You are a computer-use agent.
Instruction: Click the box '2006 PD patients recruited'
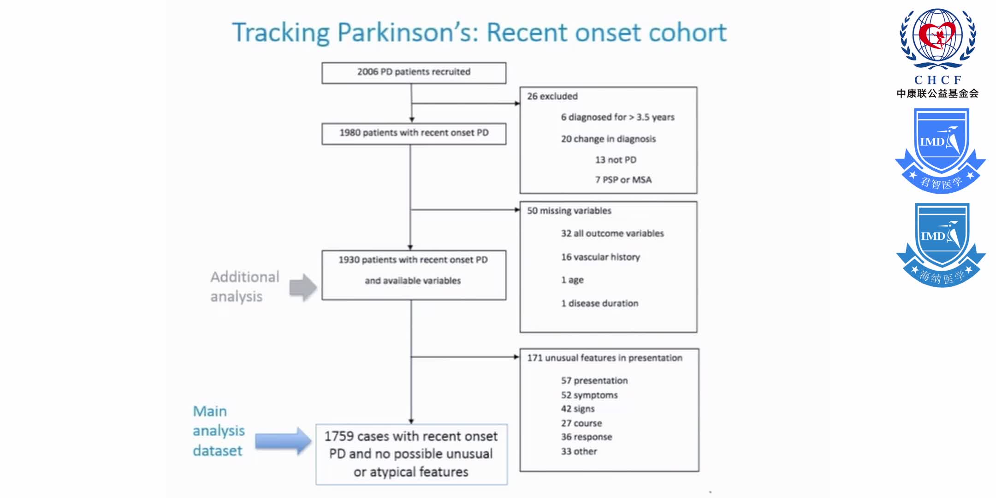pyautogui.click(x=414, y=72)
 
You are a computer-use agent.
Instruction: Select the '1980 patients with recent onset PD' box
pyautogui.click(x=414, y=133)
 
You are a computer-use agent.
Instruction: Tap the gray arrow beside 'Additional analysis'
pyautogui.click(x=303, y=287)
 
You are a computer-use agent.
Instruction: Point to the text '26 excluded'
pyautogui.click(x=552, y=96)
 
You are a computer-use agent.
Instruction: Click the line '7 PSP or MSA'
pyautogui.click(x=623, y=180)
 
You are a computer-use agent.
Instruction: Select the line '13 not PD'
pyautogui.click(x=616, y=160)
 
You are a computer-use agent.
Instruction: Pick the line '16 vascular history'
pyautogui.click(x=600, y=257)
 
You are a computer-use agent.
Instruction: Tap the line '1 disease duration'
pyautogui.click(x=599, y=303)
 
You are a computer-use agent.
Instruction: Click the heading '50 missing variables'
pyautogui.click(x=569, y=211)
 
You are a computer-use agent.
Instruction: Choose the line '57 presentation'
pyautogui.click(x=594, y=380)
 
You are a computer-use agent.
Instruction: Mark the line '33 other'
pyautogui.click(x=579, y=451)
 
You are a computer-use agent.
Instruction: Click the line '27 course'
pyautogui.click(x=581, y=423)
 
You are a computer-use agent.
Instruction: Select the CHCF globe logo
pyautogui.click(x=938, y=39)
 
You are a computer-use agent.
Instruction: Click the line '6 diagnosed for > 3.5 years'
pyautogui.click(x=617, y=117)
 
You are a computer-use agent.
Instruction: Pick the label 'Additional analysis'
pyautogui.click(x=244, y=286)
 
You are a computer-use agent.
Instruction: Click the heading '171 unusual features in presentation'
pyautogui.click(x=605, y=358)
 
